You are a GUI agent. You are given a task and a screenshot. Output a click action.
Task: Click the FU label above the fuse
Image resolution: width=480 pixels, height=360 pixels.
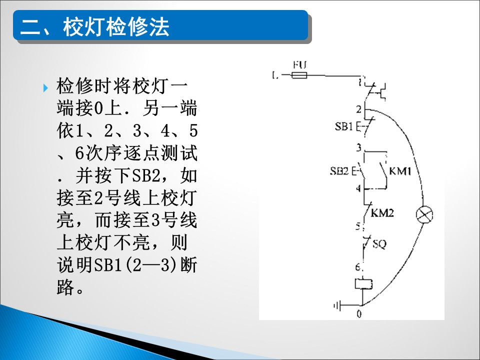[x=299, y=65]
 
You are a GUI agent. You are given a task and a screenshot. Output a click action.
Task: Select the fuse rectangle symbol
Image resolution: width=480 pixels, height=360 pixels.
[x=299, y=75]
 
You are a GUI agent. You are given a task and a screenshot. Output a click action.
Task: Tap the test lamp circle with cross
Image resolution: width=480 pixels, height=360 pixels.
[x=424, y=214]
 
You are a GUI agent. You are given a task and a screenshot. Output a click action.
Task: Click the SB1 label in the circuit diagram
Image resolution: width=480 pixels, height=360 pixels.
[x=344, y=126]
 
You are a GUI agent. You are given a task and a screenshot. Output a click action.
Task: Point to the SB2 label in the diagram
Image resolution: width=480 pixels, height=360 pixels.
[x=339, y=170]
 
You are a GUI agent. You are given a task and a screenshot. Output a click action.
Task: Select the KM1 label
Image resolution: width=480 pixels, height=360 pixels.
[x=400, y=171]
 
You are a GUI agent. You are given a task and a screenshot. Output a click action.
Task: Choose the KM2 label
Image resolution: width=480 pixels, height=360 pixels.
[x=382, y=212]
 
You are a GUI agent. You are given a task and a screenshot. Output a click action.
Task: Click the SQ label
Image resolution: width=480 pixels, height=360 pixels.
[x=379, y=244]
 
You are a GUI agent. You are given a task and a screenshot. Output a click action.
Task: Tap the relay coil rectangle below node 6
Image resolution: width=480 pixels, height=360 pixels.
[x=363, y=283]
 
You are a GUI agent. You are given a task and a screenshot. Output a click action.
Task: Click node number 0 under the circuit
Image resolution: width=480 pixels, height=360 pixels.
[x=359, y=314]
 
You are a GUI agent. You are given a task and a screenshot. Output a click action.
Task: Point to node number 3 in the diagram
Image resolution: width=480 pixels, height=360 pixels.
[x=359, y=147]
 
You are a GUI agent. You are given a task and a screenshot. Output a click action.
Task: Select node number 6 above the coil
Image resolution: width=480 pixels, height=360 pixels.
[x=358, y=267]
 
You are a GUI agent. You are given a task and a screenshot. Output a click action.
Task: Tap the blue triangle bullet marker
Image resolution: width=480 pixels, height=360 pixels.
[x=46, y=88]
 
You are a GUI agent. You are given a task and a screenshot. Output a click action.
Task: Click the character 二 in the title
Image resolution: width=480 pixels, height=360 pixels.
[x=30, y=27]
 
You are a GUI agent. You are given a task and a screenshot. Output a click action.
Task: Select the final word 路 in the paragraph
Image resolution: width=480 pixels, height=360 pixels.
[x=65, y=287]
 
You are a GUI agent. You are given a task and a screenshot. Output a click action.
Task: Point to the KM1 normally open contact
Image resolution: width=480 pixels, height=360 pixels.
[x=383, y=171]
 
